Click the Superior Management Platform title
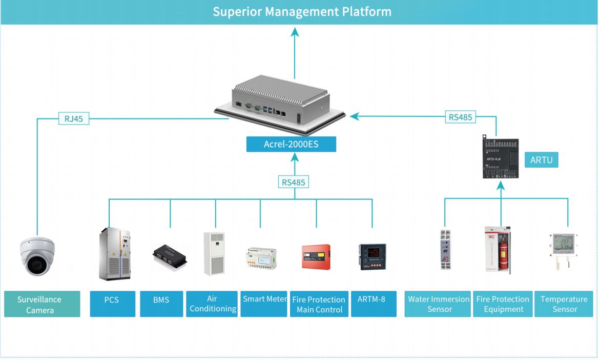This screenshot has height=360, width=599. [x=302, y=12]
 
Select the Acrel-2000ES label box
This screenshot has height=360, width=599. [x=291, y=144]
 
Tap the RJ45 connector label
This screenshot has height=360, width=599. [x=74, y=119]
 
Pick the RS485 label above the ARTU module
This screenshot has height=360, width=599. [x=460, y=117]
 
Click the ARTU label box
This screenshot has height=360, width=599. [x=541, y=160]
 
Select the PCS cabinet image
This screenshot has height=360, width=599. [x=114, y=254]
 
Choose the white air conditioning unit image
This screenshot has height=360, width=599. [x=214, y=254]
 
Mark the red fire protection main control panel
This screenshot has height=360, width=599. [x=316, y=257]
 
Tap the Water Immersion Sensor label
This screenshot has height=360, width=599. [x=438, y=304]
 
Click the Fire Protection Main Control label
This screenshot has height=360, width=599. [x=319, y=304]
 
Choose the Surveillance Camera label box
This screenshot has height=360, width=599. [x=42, y=304]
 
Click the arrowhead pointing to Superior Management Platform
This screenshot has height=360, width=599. [x=295, y=32]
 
